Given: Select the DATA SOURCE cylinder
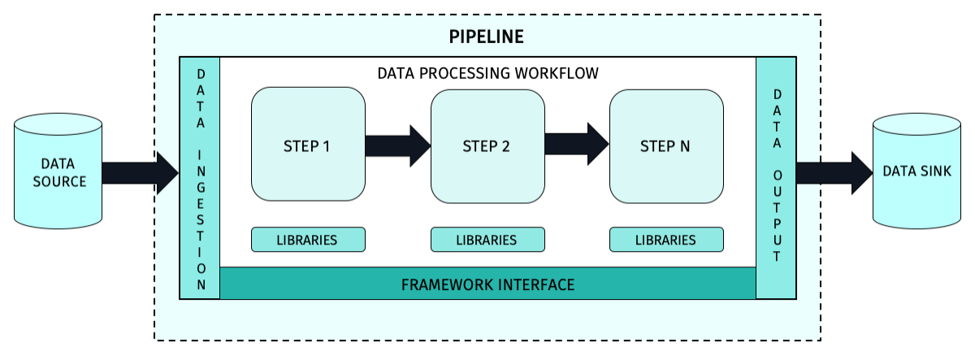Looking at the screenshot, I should point(59,172).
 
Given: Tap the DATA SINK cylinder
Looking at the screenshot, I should point(916,172).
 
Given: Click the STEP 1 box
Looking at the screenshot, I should point(308,146).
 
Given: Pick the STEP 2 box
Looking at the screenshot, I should point(487,146).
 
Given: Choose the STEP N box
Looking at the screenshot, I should point(666,146).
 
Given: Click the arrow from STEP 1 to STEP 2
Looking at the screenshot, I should point(397,145).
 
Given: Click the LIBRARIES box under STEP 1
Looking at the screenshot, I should point(308,240).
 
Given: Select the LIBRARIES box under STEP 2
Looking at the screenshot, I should point(487,240).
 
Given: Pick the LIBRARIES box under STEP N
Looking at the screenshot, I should point(666,240).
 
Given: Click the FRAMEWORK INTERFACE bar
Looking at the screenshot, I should point(487,284).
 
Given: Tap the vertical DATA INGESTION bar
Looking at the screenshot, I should point(200,179).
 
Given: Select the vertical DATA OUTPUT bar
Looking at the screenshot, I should point(777,179).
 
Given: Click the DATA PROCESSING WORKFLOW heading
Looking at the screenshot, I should point(487,73).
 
